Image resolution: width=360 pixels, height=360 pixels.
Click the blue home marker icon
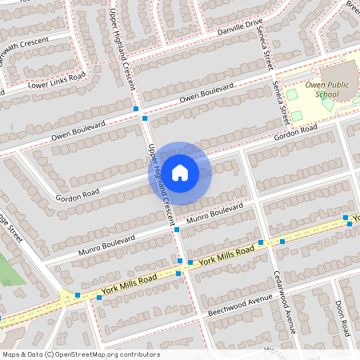[180, 172]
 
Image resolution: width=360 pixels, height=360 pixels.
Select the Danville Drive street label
[239, 30]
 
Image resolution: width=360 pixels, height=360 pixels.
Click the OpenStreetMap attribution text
[80, 354]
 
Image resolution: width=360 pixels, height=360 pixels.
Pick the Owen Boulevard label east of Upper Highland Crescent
[206, 92]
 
